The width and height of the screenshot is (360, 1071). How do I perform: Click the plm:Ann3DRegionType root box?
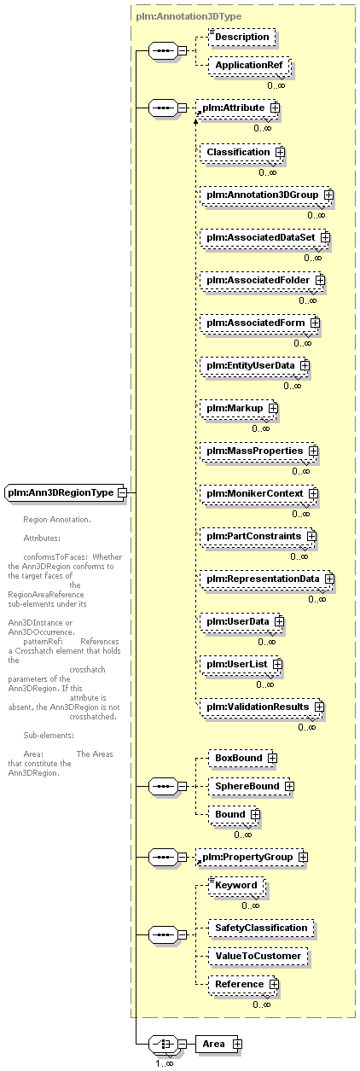pyautogui.click(x=64, y=492)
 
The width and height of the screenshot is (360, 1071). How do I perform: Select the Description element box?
pyautogui.click(x=242, y=37)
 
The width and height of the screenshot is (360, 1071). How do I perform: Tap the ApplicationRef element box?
pyautogui.click(x=249, y=65)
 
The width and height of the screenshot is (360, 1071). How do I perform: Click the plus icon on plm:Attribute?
pyautogui.click(x=275, y=108)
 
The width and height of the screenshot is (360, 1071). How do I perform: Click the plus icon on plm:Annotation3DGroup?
pyautogui.click(x=328, y=195)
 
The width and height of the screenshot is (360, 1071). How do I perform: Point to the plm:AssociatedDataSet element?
pyautogui.click(x=264, y=237)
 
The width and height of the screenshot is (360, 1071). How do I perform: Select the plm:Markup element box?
pyautogui.click(x=238, y=408)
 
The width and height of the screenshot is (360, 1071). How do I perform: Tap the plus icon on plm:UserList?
pyautogui.click(x=277, y=665)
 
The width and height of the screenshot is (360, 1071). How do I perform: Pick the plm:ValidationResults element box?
pyautogui.click(x=261, y=707)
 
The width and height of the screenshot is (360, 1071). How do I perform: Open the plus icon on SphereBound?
pyautogui.click(x=288, y=787)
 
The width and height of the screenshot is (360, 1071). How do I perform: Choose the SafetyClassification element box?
pyautogui.click(x=261, y=928)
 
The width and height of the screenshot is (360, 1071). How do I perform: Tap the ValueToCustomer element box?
pyautogui.click(x=258, y=957)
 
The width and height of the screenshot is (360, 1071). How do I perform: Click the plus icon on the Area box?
pyautogui.click(x=237, y=1045)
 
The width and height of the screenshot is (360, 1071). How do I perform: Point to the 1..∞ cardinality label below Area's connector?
pyautogui.click(x=164, y=1064)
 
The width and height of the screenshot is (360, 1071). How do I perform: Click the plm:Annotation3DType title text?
pyautogui.click(x=189, y=16)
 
